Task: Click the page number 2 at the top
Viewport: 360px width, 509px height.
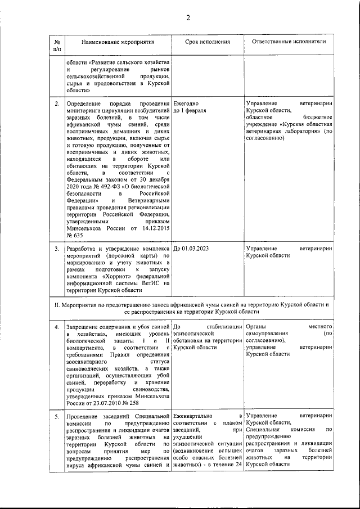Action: coord(188,17)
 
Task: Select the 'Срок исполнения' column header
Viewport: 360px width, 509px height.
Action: coord(207,42)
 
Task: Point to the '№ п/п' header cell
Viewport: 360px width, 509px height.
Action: coord(57,46)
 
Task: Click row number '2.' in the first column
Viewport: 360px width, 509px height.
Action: coord(57,104)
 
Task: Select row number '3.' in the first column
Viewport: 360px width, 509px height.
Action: coord(57,247)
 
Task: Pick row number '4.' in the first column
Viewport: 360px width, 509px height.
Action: coord(57,326)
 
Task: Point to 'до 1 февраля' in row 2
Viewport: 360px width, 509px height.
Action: coord(190,111)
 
